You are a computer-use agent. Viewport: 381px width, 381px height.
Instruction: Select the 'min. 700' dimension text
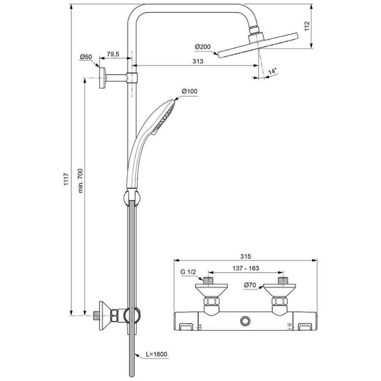[81, 180]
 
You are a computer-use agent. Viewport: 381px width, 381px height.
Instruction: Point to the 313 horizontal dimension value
[198, 61]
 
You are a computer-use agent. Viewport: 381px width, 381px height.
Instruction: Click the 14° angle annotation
[273, 70]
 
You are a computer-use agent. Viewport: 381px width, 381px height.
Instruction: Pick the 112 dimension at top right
[307, 27]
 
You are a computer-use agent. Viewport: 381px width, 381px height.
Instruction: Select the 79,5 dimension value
[113, 54]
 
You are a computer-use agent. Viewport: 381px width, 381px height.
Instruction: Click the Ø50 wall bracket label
[86, 57]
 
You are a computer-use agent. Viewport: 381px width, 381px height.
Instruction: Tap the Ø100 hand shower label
[189, 92]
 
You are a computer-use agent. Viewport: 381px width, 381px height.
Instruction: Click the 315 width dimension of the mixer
[245, 256]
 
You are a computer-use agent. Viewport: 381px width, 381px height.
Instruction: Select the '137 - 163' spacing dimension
[246, 268]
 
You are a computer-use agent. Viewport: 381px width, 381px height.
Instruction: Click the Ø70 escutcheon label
[252, 286]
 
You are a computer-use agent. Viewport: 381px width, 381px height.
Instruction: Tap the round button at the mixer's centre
[246, 320]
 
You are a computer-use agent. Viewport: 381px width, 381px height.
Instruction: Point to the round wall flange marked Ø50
[102, 78]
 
